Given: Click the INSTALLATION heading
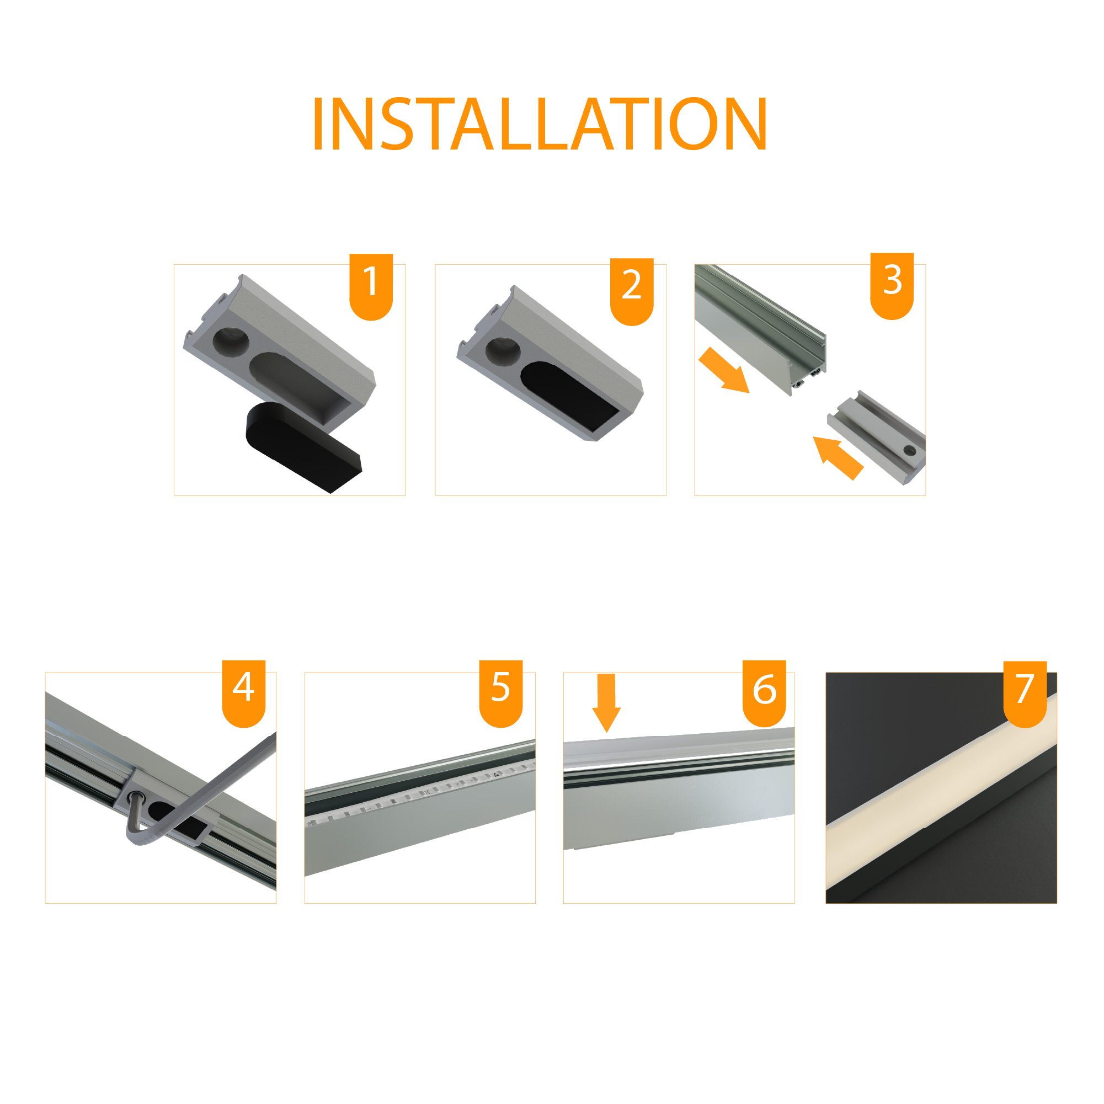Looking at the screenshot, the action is [x=540, y=124].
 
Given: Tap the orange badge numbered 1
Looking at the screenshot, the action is [x=371, y=286].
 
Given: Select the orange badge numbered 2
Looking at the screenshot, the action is [x=631, y=291].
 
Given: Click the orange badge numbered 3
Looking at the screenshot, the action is [x=892, y=286].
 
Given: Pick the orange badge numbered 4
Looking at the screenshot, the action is [x=243, y=693].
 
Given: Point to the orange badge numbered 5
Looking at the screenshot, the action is [x=500, y=693].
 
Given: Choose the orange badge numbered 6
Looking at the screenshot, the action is [x=764, y=693].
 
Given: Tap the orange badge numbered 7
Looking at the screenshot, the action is [x=1025, y=694].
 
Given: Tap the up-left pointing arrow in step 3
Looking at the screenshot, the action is [x=838, y=457].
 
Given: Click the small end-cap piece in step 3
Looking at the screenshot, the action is [x=877, y=437].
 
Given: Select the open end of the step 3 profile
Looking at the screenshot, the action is [x=807, y=366].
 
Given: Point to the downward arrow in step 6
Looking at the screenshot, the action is [x=606, y=702].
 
